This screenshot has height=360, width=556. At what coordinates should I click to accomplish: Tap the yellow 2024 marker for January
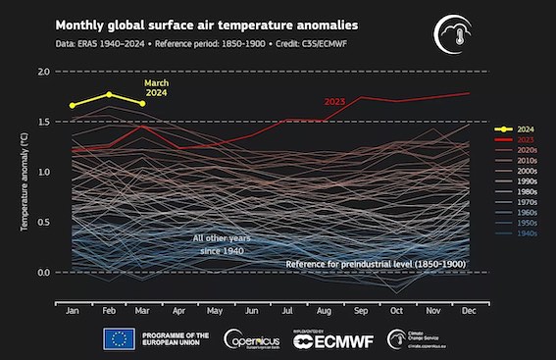[73, 105]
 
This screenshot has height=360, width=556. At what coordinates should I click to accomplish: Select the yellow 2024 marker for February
[109, 94]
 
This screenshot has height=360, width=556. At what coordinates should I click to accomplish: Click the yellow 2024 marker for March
[143, 103]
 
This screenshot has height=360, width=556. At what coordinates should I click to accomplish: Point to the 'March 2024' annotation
[158, 88]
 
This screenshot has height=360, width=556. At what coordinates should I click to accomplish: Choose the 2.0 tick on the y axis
[43, 73]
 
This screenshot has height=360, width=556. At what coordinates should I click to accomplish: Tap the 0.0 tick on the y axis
[43, 272]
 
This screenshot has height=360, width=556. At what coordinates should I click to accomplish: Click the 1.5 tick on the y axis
[43, 122]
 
